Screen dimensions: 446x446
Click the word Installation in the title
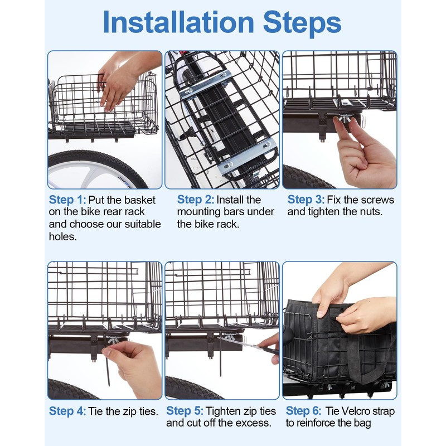(178, 22)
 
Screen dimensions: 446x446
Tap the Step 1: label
(67, 200)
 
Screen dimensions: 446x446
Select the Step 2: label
(196, 200)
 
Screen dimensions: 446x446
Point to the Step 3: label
(306, 200)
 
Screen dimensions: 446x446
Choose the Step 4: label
(67, 411)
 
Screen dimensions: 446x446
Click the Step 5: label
(185, 411)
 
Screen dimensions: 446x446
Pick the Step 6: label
(303, 411)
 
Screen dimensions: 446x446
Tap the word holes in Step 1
(62, 236)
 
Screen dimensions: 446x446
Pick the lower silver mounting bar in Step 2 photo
(247, 156)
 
